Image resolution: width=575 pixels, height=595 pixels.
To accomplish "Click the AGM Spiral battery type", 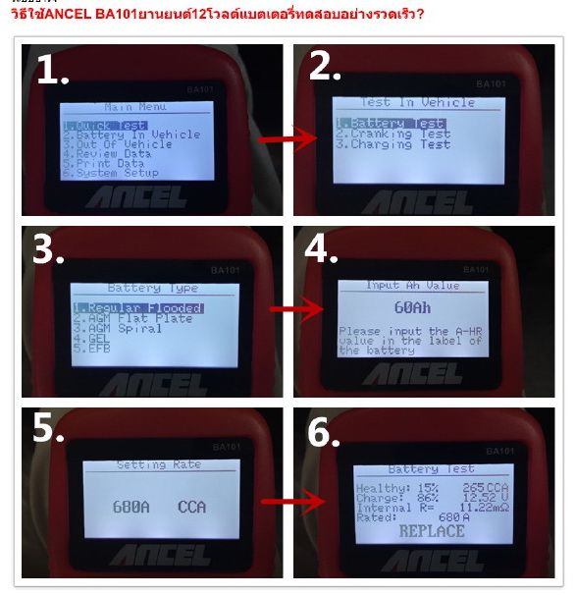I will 109,328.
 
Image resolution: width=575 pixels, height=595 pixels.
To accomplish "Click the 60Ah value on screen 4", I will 411,307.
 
